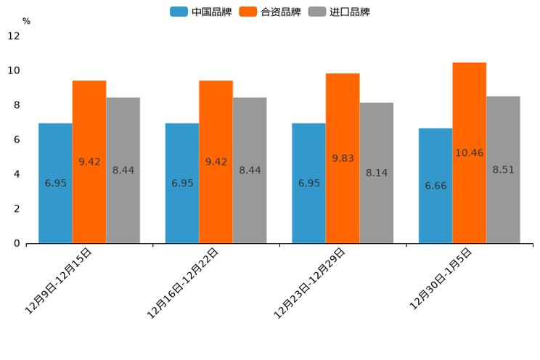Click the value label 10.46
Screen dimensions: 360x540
click(x=469, y=153)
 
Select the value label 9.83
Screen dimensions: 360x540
click(x=343, y=158)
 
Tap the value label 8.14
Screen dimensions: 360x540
click(x=376, y=173)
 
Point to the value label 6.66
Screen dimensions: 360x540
click(x=435, y=186)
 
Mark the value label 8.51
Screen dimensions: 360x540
click(x=503, y=170)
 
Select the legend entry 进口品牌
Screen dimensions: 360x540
click(x=339, y=12)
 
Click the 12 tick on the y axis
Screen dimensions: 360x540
click(x=14, y=36)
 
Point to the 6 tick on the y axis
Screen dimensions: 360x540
click(x=17, y=139)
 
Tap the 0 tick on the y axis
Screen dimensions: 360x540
click(x=17, y=243)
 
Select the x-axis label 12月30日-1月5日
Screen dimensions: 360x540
click(x=441, y=278)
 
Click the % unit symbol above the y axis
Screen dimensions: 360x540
click(x=26, y=22)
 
